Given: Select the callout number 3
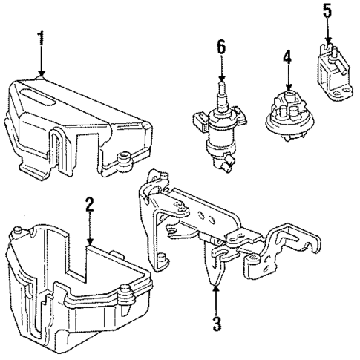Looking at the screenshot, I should coord(215,324).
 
